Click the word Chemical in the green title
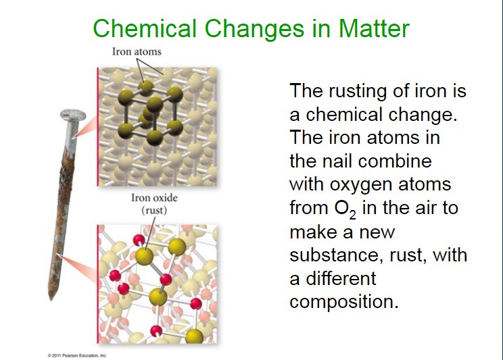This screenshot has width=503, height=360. [145, 28]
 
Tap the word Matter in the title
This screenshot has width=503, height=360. [374, 28]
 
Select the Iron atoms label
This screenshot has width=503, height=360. [137, 51]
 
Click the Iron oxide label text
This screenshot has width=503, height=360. [154, 197]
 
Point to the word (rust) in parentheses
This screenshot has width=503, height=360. [154, 210]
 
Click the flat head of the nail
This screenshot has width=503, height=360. [73, 115]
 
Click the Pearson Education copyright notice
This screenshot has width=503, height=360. [77, 355]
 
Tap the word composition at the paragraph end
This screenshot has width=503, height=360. [344, 302]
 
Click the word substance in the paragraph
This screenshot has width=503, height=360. [337, 255]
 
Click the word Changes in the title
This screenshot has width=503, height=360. [254, 28]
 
